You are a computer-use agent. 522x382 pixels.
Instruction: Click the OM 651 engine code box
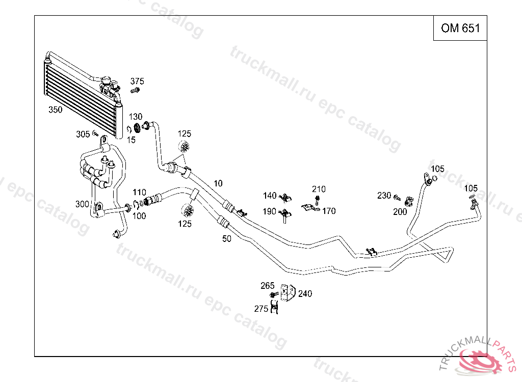460,28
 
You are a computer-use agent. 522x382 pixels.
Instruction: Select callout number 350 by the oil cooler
56,110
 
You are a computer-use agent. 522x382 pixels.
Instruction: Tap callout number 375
137,81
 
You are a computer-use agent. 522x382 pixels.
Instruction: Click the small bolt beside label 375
135,91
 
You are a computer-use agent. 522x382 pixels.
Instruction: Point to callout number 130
135,117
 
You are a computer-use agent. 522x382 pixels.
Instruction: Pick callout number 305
83,134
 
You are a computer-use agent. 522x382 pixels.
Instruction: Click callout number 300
82,204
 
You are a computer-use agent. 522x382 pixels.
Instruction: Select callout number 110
139,193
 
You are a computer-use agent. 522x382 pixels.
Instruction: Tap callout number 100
139,216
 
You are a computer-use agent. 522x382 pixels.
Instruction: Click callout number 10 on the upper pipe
218,183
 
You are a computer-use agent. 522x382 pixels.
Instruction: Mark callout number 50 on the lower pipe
227,238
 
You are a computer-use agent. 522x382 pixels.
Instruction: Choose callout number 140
270,196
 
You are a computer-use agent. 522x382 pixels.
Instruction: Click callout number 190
270,211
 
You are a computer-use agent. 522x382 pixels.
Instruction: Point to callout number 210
319,189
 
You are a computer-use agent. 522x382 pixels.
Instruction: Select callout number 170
329,211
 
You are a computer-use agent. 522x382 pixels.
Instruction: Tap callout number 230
384,196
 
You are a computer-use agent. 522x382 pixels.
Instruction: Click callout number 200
400,212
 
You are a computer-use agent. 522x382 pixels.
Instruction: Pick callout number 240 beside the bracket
305,294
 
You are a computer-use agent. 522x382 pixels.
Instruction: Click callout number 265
268,286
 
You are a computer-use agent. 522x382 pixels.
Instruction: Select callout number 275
261,309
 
